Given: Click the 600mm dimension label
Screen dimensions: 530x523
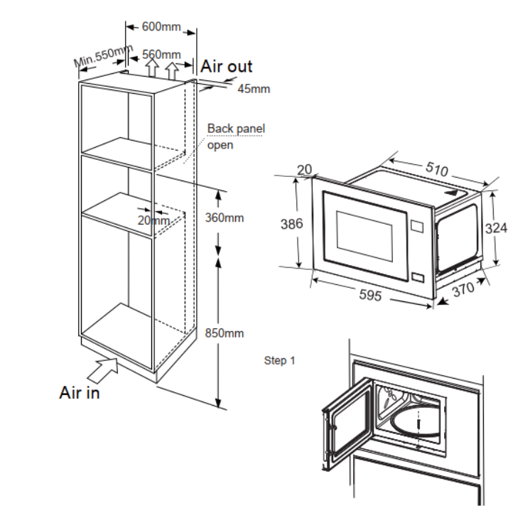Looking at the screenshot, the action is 161,26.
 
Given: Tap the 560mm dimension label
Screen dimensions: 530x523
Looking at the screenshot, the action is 161,55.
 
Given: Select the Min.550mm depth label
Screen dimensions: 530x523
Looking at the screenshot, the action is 103,55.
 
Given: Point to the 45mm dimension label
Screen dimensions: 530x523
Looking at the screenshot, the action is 254,89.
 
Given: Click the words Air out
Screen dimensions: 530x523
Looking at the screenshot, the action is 227,66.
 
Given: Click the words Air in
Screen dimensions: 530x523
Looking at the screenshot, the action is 80,392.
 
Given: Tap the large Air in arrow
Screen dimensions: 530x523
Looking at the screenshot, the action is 103,370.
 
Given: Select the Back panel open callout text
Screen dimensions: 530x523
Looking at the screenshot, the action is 236,136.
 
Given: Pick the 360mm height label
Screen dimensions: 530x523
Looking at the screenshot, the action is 225,217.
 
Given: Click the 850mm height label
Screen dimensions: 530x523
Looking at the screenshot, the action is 225,333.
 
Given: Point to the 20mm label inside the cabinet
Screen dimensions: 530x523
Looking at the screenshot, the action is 153,220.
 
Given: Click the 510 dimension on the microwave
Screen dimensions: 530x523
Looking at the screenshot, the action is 437,168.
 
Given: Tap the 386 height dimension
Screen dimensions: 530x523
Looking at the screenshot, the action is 292,224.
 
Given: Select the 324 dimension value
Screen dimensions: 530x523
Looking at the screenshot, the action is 496,228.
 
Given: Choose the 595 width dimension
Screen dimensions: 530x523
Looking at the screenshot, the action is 370,295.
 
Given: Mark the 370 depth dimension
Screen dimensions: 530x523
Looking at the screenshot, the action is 463,289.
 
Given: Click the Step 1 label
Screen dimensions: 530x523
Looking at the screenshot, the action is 279,361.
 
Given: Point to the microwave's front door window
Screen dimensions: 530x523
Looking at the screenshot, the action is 364,236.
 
